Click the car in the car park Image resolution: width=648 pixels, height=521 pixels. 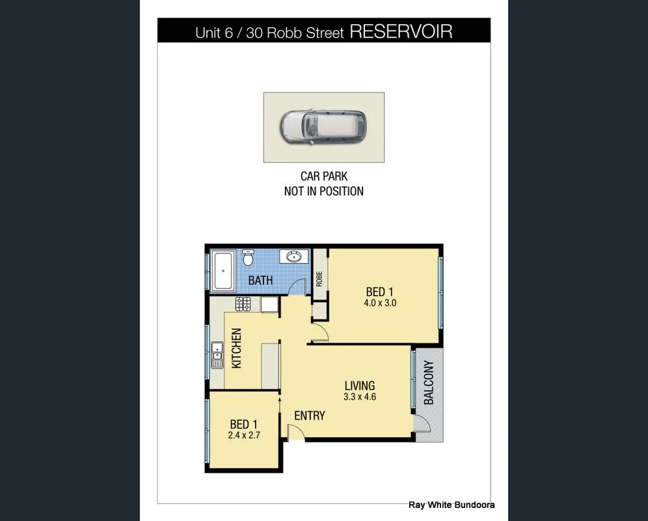[323, 126]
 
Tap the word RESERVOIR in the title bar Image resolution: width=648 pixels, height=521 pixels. [401, 31]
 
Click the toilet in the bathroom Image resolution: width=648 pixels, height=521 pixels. [248, 257]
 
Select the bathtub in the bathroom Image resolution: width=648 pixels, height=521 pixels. [223, 270]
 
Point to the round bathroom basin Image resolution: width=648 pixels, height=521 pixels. [294, 257]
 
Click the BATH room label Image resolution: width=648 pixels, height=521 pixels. [260, 281]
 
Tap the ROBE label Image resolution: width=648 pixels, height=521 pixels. [319, 279]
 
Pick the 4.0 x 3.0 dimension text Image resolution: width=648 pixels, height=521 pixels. [380, 303]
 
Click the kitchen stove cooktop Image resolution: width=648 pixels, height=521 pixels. [243, 303]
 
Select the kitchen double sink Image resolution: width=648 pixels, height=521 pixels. [217, 355]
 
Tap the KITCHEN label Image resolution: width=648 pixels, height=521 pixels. [236, 348]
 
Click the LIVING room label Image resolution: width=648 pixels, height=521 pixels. [360, 386]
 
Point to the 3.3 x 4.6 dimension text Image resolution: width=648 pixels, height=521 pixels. [360, 397]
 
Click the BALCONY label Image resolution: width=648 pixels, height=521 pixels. [429, 382]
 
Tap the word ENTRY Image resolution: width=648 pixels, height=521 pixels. [310, 415]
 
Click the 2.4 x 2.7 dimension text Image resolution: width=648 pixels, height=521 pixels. [244, 435]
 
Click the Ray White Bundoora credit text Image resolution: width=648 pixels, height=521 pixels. [452, 505]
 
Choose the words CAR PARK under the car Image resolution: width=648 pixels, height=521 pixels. [324, 176]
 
